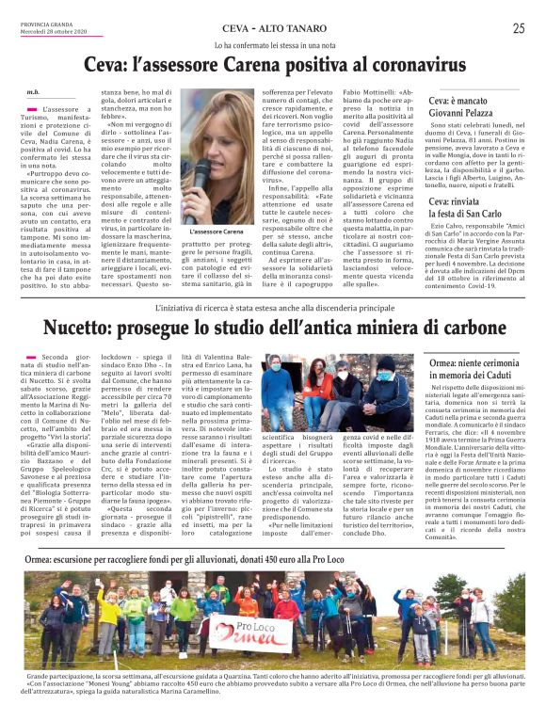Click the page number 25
click(x=519, y=28)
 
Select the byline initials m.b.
click(x=33, y=92)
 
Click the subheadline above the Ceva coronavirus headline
click(x=273, y=45)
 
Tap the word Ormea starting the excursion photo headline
click(x=44, y=561)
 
